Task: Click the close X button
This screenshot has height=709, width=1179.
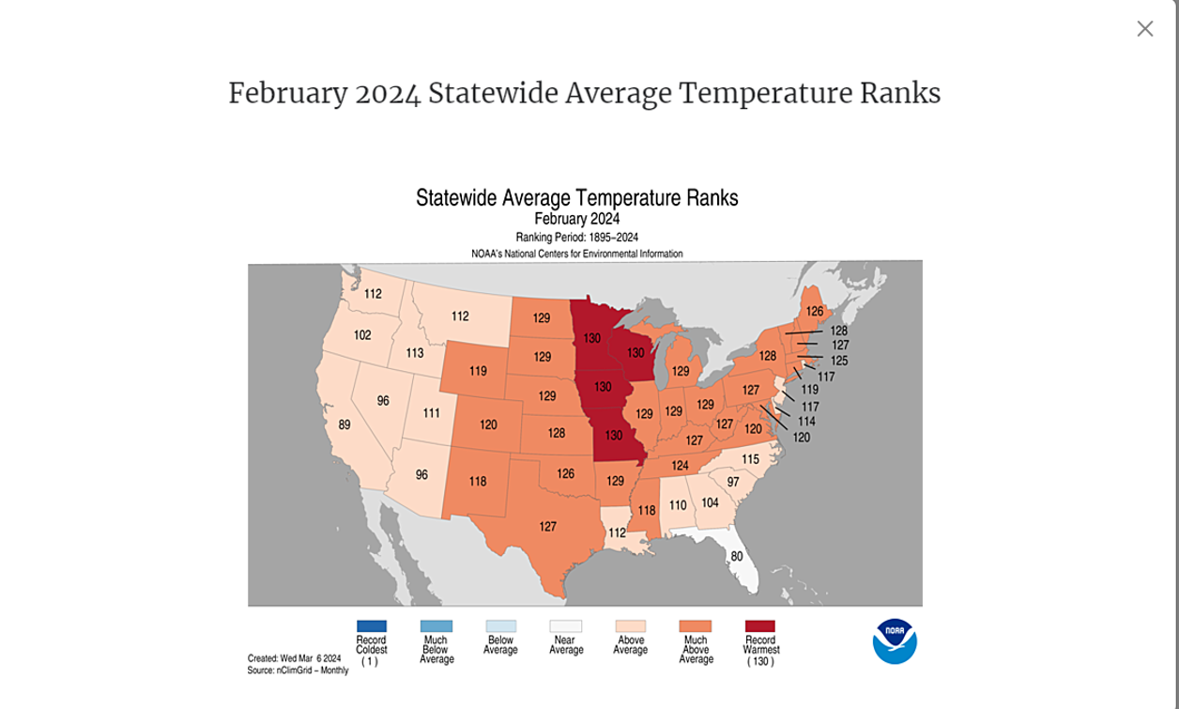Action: pyautogui.click(x=1144, y=29)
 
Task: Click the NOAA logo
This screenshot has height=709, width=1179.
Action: pyautogui.click(x=894, y=641)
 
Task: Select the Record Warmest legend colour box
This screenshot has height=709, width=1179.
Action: pyautogui.click(x=759, y=626)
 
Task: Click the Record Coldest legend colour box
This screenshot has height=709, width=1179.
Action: pyautogui.click(x=371, y=626)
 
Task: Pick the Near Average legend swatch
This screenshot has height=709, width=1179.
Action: pyautogui.click(x=565, y=626)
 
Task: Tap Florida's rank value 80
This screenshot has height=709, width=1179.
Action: pyautogui.click(x=737, y=556)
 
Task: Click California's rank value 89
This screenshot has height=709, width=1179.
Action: pyautogui.click(x=345, y=425)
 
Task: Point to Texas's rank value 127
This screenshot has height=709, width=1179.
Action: pyautogui.click(x=547, y=527)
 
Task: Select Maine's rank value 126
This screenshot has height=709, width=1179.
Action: pyautogui.click(x=815, y=311)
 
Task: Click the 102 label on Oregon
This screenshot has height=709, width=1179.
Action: pyautogui.click(x=362, y=335)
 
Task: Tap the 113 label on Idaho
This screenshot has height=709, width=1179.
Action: pyautogui.click(x=414, y=354)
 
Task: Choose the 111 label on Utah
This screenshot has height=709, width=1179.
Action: pyautogui.click(x=431, y=413)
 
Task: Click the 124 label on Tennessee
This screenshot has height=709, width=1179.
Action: pyautogui.click(x=680, y=466)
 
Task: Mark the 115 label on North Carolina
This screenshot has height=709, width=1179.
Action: pyautogui.click(x=750, y=459)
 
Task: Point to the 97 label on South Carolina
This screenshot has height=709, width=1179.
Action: pyautogui.click(x=733, y=482)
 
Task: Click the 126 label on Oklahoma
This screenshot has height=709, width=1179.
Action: pyautogui.click(x=565, y=474)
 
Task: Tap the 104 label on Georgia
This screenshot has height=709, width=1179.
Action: pyautogui.click(x=710, y=503)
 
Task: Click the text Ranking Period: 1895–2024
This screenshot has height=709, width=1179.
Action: pyautogui.click(x=576, y=238)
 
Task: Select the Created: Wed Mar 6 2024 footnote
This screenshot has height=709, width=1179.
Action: pyautogui.click(x=294, y=658)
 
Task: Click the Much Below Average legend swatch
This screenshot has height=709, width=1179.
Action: pyautogui.click(x=436, y=626)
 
